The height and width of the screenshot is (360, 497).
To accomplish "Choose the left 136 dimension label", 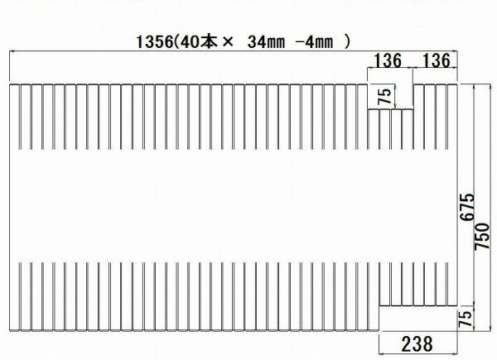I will click(x=388, y=60).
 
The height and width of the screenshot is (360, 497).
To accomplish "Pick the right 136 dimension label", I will click(x=436, y=60).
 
